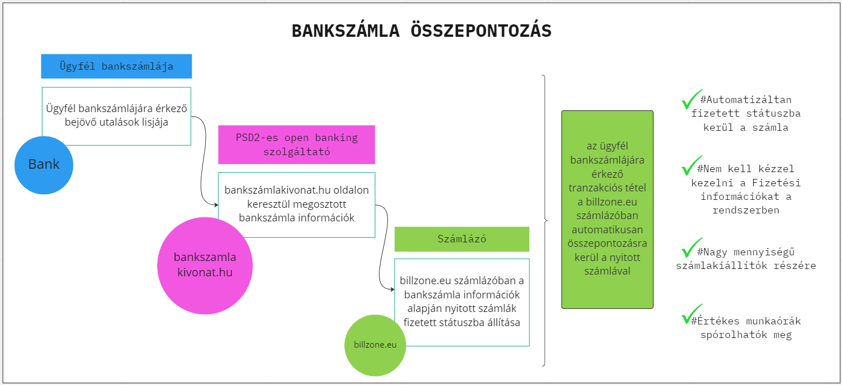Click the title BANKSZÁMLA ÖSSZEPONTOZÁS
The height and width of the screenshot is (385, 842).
pos(421,31)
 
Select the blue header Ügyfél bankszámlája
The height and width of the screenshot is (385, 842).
pos(116,66)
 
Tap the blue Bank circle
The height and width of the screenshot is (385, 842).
pos(44,165)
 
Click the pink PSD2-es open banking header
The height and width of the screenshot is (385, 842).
pos(296,144)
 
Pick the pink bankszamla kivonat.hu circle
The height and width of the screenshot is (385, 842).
pos(205,266)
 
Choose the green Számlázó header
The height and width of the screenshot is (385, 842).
pos(462,239)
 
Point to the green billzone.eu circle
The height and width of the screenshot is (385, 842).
pos(375,345)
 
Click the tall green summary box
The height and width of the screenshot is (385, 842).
pos(607,209)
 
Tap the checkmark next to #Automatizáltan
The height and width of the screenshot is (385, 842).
pos(691,99)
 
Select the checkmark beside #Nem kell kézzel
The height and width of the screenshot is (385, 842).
pos(691,165)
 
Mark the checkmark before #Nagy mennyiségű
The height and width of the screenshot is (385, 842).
pos(691,247)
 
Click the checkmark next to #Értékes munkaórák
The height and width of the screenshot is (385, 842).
pos(691,314)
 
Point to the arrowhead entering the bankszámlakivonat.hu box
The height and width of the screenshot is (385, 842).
pos(216,205)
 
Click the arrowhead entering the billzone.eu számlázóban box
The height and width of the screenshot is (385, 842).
pos(392,289)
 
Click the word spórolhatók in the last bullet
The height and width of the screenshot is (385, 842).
pos(734,335)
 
